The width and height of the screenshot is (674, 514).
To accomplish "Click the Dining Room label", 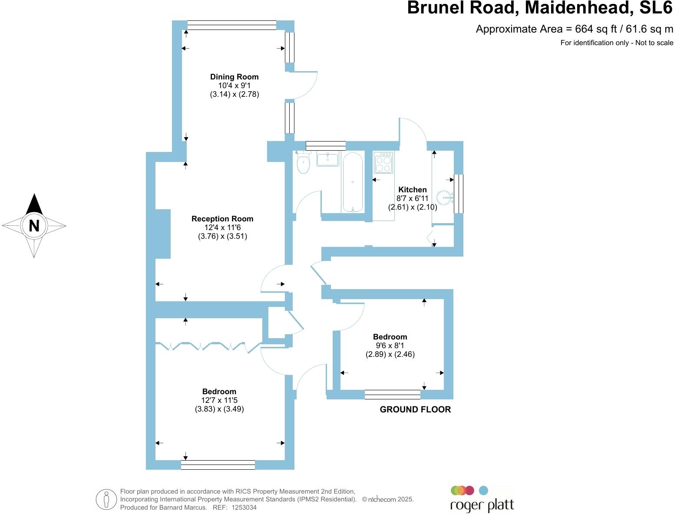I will (x=234, y=77).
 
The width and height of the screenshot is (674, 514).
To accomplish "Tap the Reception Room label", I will (x=222, y=219).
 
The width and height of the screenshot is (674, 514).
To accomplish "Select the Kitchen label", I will (x=413, y=190).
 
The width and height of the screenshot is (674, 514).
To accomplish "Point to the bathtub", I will (x=352, y=182).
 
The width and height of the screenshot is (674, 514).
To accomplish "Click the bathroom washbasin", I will (x=328, y=159).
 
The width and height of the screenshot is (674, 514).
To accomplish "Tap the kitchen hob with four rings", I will (x=383, y=163).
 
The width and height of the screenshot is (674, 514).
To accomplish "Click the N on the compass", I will (x=34, y=226).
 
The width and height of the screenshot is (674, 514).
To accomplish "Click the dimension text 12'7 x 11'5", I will (x=219, y=400).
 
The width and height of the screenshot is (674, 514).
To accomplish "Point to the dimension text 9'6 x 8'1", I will (x=390, y=346).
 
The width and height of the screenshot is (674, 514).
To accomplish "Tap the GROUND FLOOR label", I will (x=415, y=409).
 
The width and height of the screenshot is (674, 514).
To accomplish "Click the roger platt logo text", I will (x=482, y=505).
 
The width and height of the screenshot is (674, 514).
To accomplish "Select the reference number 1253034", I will (x=244, y=507).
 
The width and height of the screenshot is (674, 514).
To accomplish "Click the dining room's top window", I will (x=231, y=26).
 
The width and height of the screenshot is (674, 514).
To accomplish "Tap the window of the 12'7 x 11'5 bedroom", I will (x=218, y=465).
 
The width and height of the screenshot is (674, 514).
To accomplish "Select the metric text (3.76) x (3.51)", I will (x=222, y=237).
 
